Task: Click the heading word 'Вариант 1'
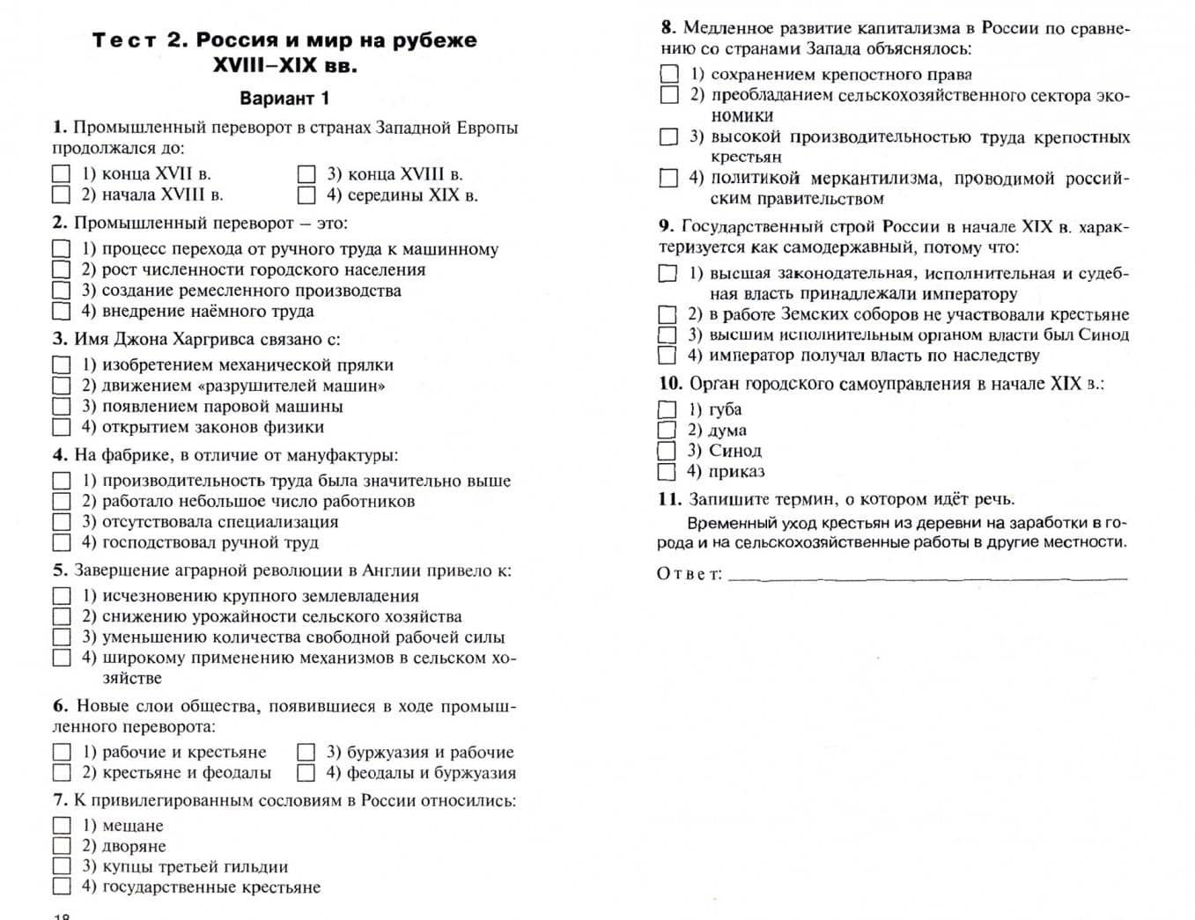point(284,98)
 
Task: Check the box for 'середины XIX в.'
point(306,195)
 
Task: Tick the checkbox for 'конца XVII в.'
point(62,174)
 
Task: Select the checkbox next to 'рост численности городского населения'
point(62,269)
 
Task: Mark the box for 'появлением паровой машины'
point(62,407)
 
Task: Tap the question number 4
point(59,455)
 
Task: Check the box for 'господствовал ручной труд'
point(62,542)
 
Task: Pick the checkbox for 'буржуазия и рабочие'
point(306,752)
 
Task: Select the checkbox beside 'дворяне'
point(62,846)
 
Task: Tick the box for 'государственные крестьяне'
point(62,887)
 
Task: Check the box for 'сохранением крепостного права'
point(669,74)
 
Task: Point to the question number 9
point(666,226)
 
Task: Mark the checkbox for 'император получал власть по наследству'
point(668,356)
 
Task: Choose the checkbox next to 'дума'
point(668,430)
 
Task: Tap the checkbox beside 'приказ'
point(668,471)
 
